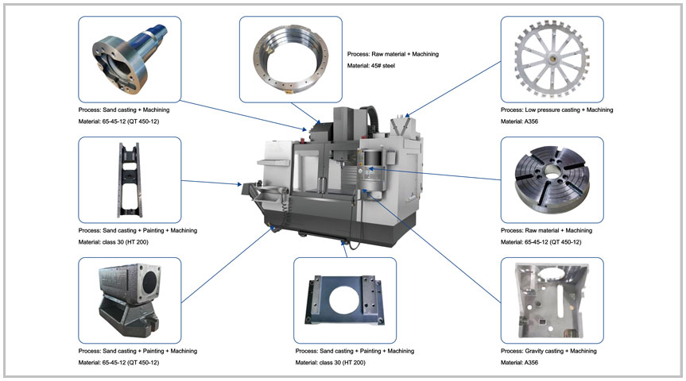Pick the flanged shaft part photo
(x=129, y=59)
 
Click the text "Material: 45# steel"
(x=372, y=66)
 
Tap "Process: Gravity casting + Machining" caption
(x=548, y=351)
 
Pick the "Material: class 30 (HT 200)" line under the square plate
(x=335, y=363)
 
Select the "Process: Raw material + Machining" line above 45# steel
(x=393, y=54)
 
